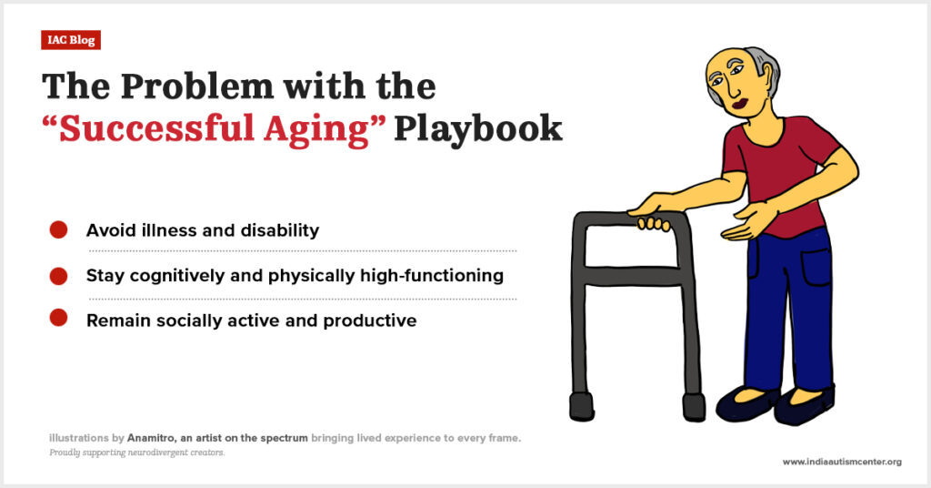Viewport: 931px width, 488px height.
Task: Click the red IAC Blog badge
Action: pos(71,40)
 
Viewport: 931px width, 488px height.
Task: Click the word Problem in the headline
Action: pos(196,86)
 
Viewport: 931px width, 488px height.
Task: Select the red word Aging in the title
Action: pos(316,130)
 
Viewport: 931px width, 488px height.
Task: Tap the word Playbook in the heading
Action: pos(478,129)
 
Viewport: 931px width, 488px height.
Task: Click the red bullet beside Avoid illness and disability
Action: pos(58,229)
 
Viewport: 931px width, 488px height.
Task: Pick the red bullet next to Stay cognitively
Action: pos(58,276)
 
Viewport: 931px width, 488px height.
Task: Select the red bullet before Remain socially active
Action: pos(58,318)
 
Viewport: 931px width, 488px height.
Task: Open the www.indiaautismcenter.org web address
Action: pos(842,462)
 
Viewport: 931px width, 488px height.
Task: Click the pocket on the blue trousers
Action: pos(816,267)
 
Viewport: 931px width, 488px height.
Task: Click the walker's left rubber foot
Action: pos(582,406)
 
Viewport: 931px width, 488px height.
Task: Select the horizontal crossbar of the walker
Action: pos(633,275)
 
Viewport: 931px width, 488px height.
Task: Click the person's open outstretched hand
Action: pos(746,221)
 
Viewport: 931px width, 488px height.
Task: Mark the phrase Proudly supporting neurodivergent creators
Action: pos(137,452)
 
